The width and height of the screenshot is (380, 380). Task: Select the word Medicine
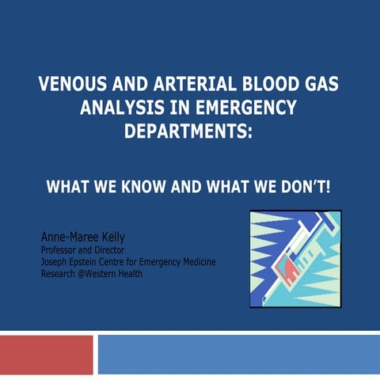pos(197,262)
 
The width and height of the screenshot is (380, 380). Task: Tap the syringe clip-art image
pos(295,258)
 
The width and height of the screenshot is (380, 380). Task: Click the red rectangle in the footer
pos(46,355)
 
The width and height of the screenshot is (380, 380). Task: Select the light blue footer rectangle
pos(238,355)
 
